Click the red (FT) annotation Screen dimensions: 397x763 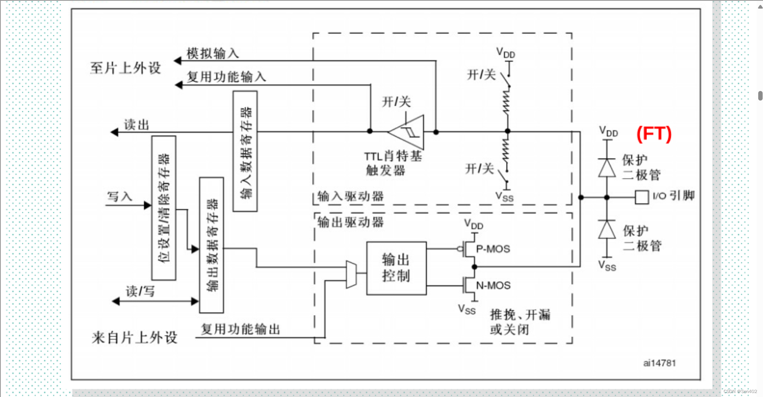pos(654,134)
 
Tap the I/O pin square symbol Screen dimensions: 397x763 pos(642,197)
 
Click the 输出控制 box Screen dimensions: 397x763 pos(396,268)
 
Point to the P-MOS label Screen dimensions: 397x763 pos(493,249)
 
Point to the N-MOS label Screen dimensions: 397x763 pos(493,285)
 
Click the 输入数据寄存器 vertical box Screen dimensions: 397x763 pos(245,151)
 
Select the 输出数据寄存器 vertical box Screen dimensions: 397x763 pos(212,245)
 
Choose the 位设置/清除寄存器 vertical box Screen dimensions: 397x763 pos(164,208)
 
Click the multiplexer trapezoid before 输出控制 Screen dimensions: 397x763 pos(351,274)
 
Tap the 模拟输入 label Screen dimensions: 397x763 pos(213,53)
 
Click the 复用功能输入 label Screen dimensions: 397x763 pos(226,77)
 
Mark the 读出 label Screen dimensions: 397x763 pos(136,125)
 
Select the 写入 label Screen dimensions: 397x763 pos(119,196)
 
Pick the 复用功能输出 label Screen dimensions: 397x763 pos(240,329)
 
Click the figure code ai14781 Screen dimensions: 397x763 pos(659,363)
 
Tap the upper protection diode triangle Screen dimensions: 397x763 pos(607,168)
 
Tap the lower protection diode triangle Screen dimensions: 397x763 pos(607,230)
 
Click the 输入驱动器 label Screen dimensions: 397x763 pos(350,196)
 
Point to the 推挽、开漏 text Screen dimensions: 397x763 pos(520,315)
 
